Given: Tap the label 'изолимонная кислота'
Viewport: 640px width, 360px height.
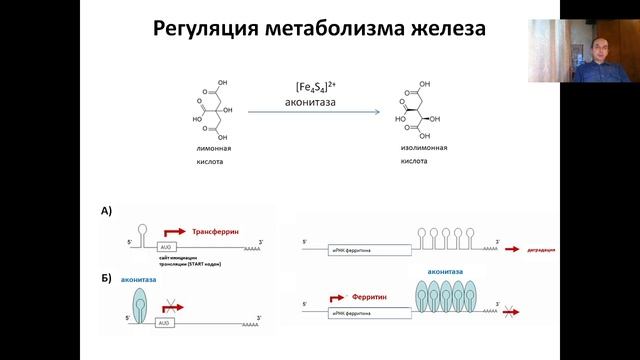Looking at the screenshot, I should coord(411,153).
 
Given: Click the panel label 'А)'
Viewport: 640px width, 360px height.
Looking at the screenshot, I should coord(107,210).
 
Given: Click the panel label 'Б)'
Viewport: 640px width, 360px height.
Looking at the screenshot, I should coord(107,272).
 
